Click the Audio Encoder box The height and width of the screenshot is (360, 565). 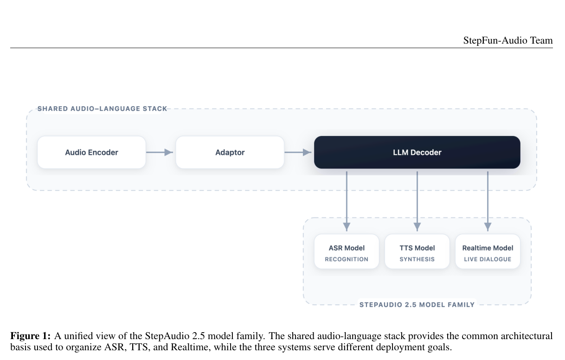pyautogui.click(x=91, y=152)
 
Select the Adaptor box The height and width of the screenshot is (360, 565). pyautogui.click(x=230, y=152)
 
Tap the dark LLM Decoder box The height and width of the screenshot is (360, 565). pyautogui.click(x=417, y=152)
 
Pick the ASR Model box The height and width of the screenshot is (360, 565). pyautogui.click(x=347, y=251)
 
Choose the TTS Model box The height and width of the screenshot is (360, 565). pyautogui.click(x=417, y=251)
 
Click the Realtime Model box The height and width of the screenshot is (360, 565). pyautogui.click(x=488, y=251)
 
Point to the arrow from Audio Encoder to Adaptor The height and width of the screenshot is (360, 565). pyautogui.click(x=160, y=152)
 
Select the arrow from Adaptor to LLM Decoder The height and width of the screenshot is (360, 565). pyautogui.click(x=298, y=152)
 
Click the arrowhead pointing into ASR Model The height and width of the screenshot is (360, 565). pyautogui.click(x=347, y=227)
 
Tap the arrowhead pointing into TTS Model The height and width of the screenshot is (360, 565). pyautogui.click(x=417, y=227)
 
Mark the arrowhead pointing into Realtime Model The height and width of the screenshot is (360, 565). pyautogui.click(x=488, y=227)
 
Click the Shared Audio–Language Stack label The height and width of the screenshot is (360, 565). pyautogui.click(x=102, y=109)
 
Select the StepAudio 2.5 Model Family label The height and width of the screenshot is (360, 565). pyautogui.click(x=417, y=305)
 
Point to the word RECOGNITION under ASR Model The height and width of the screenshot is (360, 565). pyautogui.click(x=347, y=259)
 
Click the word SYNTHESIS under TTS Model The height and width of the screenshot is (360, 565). pyautogui.click(x=417, y=259)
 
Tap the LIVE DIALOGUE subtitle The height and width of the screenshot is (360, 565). pyautogui.click(x=488, y=259)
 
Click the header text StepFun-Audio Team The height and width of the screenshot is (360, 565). pyautogui.click(x=508, y=41)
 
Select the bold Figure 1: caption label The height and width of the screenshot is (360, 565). pyautogui.click(x=31, y=336)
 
